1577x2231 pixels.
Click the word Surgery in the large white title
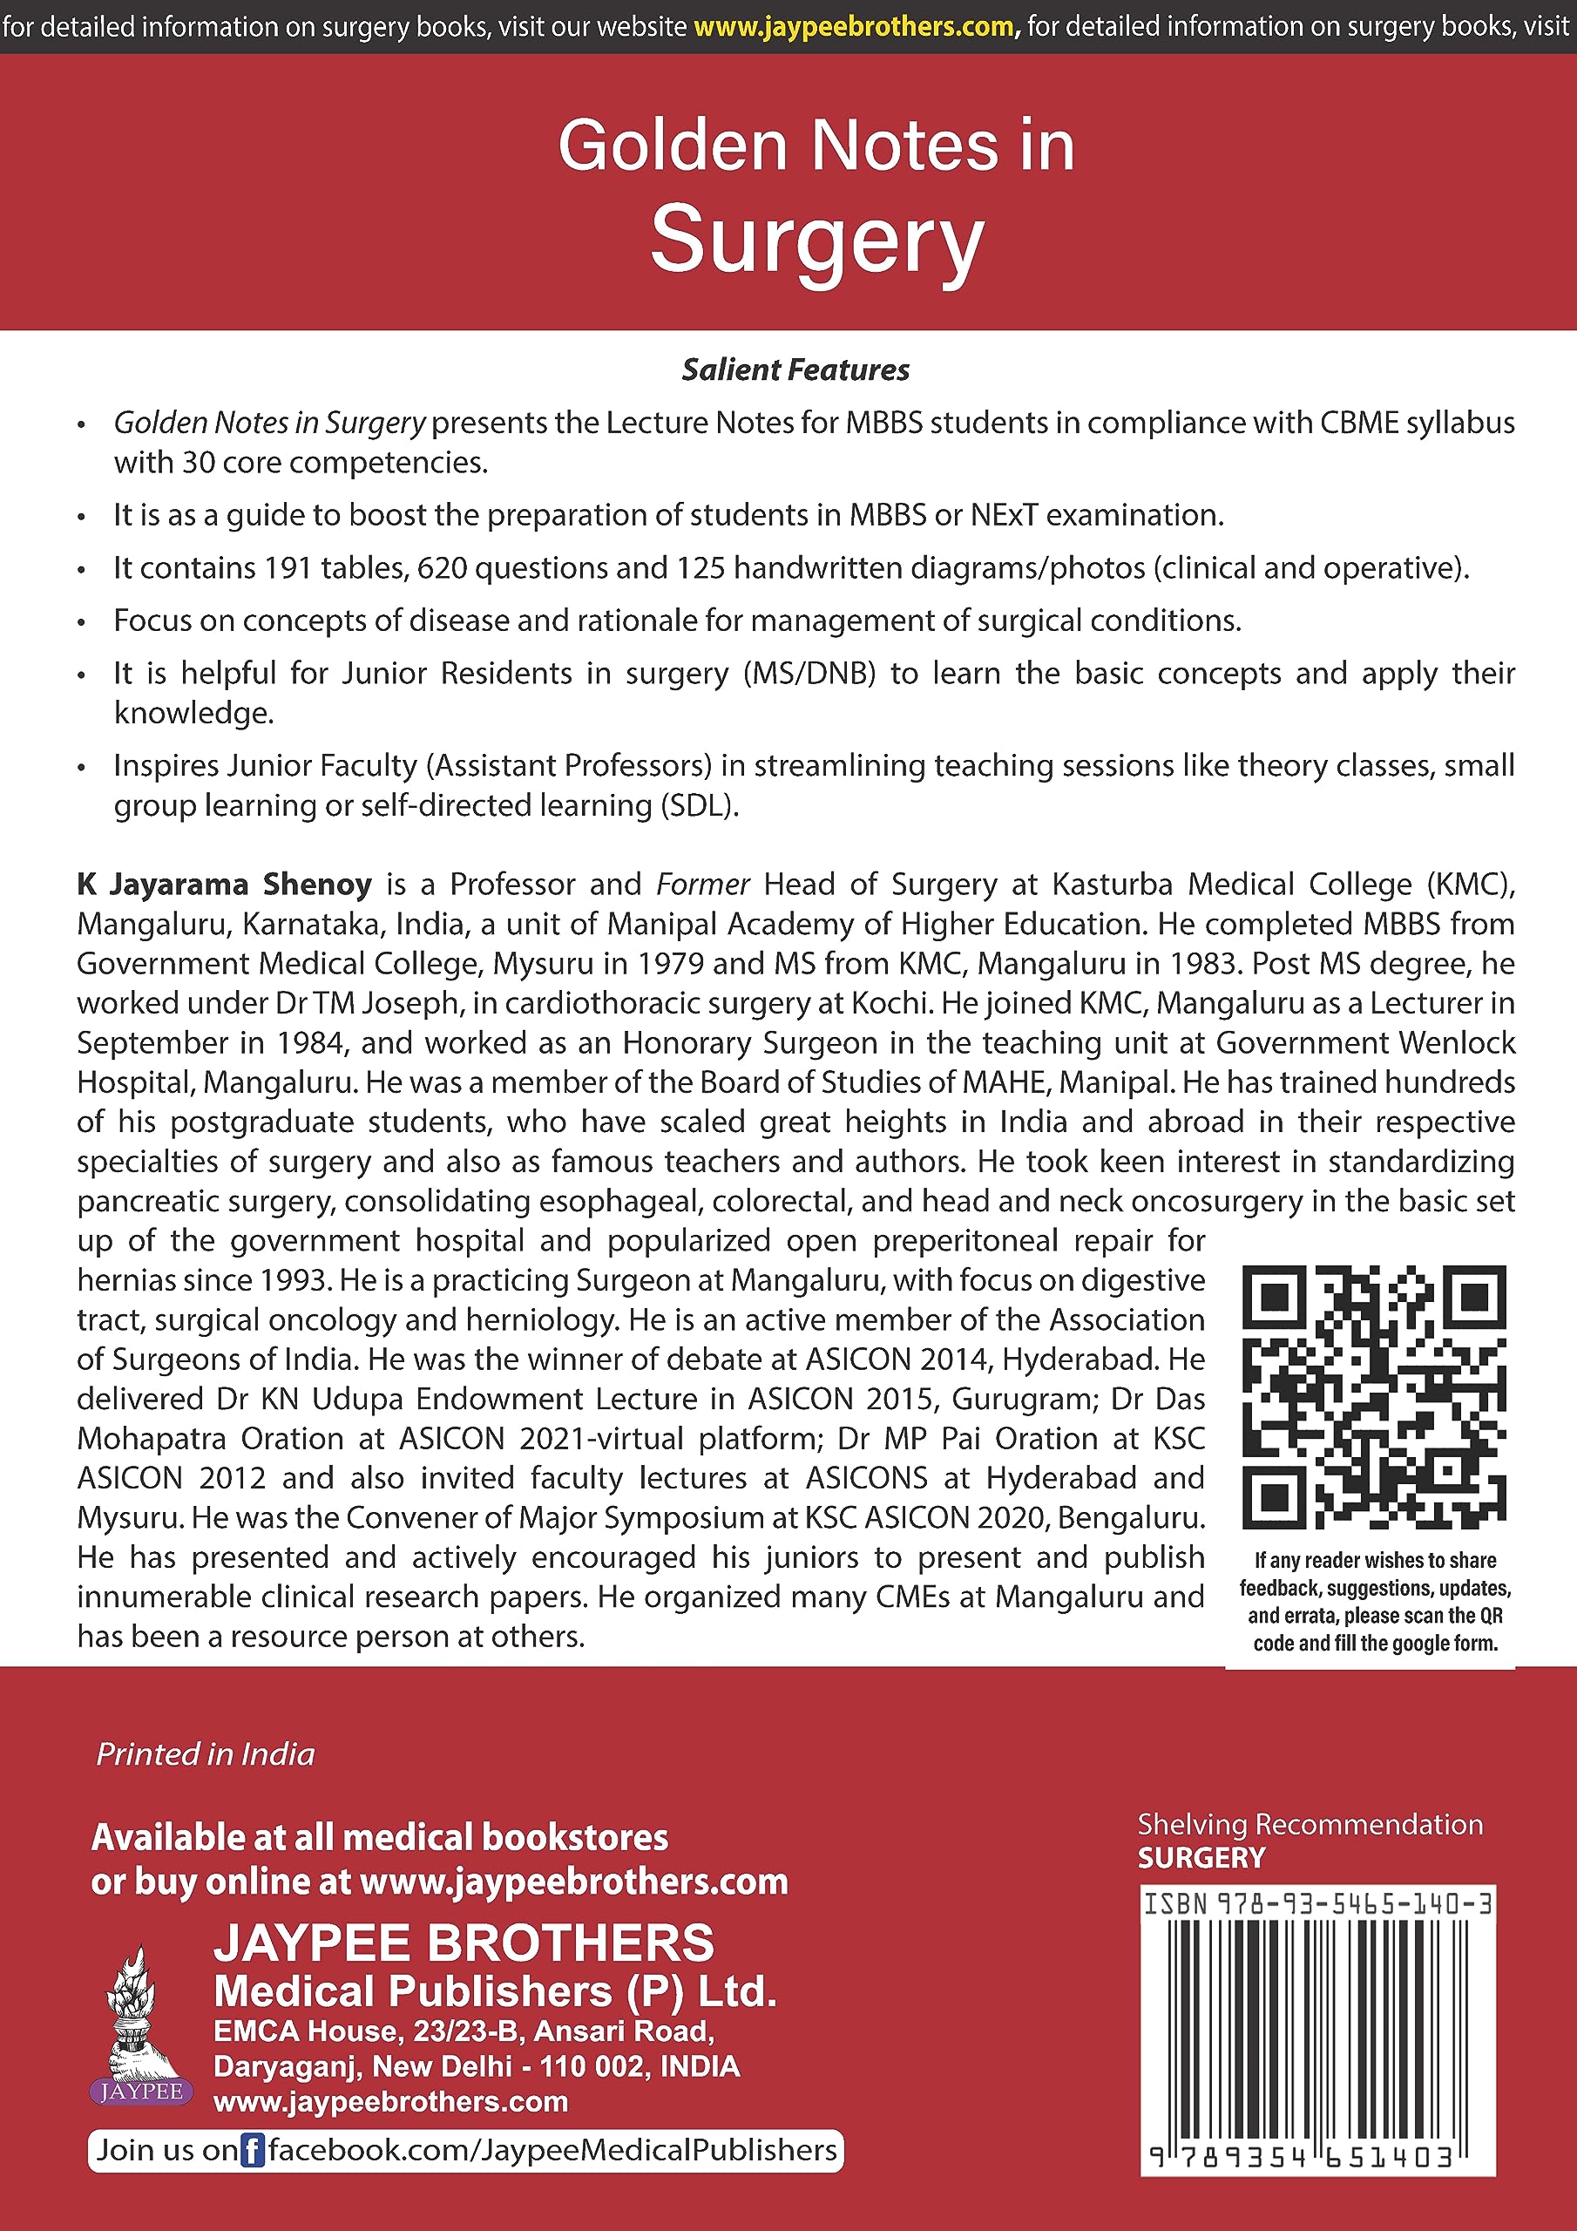pos(816,240)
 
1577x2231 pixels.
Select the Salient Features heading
pos(795,370)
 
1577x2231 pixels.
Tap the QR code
pos(1374,1396)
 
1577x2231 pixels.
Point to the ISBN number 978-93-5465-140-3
pos(1355,1903)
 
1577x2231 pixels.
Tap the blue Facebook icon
pos(252,2150)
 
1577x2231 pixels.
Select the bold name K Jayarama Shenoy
pos(225,885)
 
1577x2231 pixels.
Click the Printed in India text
pos(205,1754)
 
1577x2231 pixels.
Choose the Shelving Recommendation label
pos(1310,1824)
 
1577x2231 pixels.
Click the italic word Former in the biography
pos(702,885)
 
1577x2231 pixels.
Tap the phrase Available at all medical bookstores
pos(380,1837)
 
